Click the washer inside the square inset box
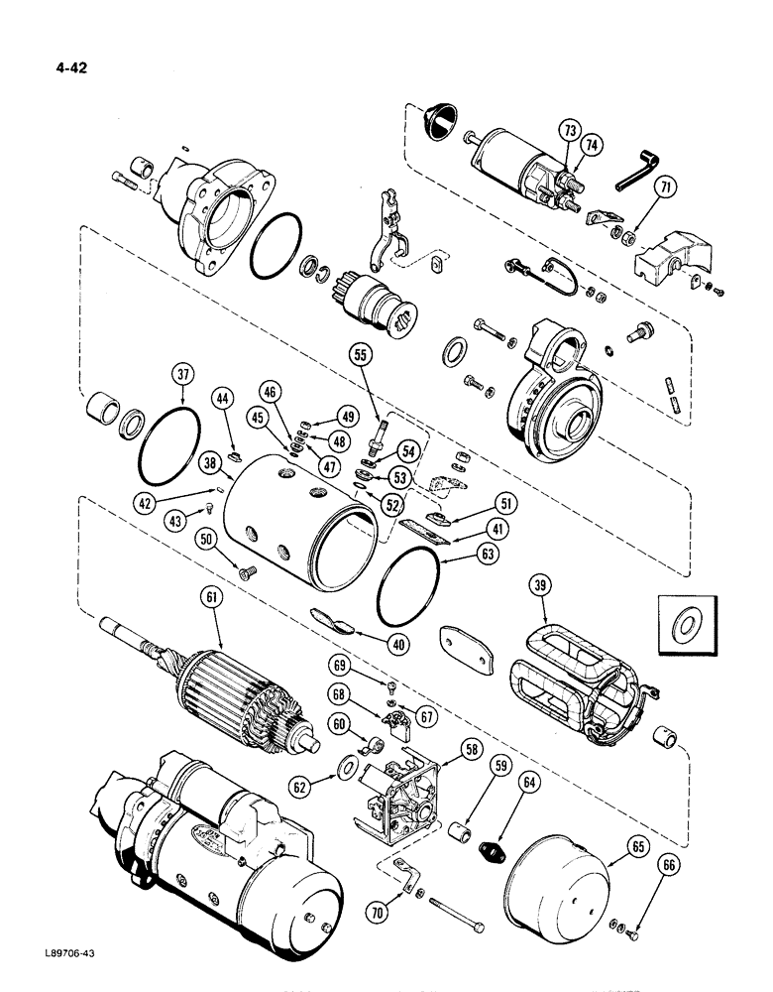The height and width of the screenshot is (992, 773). coord(685,625)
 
